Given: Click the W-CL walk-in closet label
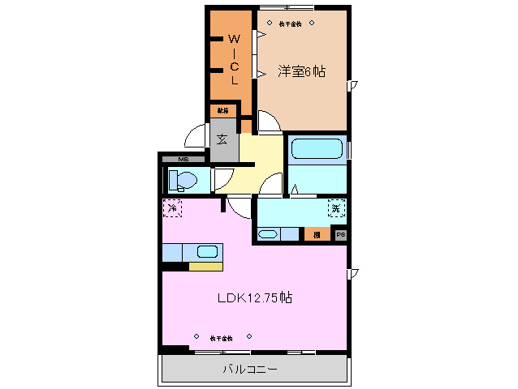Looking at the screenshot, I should pos(233,59).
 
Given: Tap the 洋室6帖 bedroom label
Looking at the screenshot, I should pos(301,71).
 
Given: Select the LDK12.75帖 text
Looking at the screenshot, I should pos(254,297).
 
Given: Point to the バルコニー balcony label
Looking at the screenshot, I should pos(250,370).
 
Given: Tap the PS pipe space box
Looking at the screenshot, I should pos(340,234).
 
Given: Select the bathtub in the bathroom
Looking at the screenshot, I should pos(317,150).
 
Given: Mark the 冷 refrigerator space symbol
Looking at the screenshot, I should pos(172,209).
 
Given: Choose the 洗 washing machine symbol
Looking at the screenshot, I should pos(336,209).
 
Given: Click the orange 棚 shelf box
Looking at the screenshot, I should pos(316,234).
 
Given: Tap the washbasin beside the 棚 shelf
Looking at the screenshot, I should pos(269,235).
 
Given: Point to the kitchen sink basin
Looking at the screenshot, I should pos(207,251).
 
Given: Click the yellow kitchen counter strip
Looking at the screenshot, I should pos(205,266).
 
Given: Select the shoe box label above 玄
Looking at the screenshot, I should pos(222,109).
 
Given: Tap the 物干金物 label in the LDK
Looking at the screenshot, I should pos(221,337).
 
